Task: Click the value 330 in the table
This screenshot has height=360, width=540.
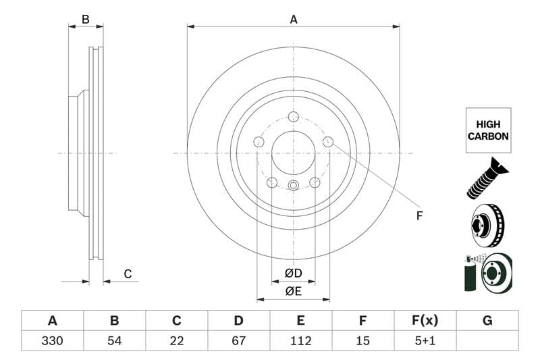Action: [x=52, y=340]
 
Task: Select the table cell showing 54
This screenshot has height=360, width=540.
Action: [x=115, y=340]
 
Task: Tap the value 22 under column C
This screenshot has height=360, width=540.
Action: [x=177, y=340]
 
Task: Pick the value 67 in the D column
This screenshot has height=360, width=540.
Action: [x=239, y=340]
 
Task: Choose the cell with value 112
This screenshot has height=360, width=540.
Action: [x=301, y=340]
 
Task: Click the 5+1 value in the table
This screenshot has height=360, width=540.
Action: [x=425, y=340]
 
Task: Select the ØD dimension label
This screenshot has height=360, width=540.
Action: [x=293, y=274]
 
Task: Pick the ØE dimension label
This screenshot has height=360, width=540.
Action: [x=293, y=291]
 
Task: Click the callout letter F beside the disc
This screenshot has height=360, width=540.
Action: [x=418, y=215]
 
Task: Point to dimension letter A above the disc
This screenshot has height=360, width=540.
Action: [x=294, y=20]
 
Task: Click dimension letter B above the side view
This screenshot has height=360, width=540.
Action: [x=86, y=20]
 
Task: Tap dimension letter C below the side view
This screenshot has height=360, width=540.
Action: [x=127, y=274]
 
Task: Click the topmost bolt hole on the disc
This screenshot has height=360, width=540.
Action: [x=293, y=117]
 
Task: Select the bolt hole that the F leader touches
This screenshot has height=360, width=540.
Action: [x=328, y=142]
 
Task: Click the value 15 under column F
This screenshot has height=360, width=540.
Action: [x=363, y=340]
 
